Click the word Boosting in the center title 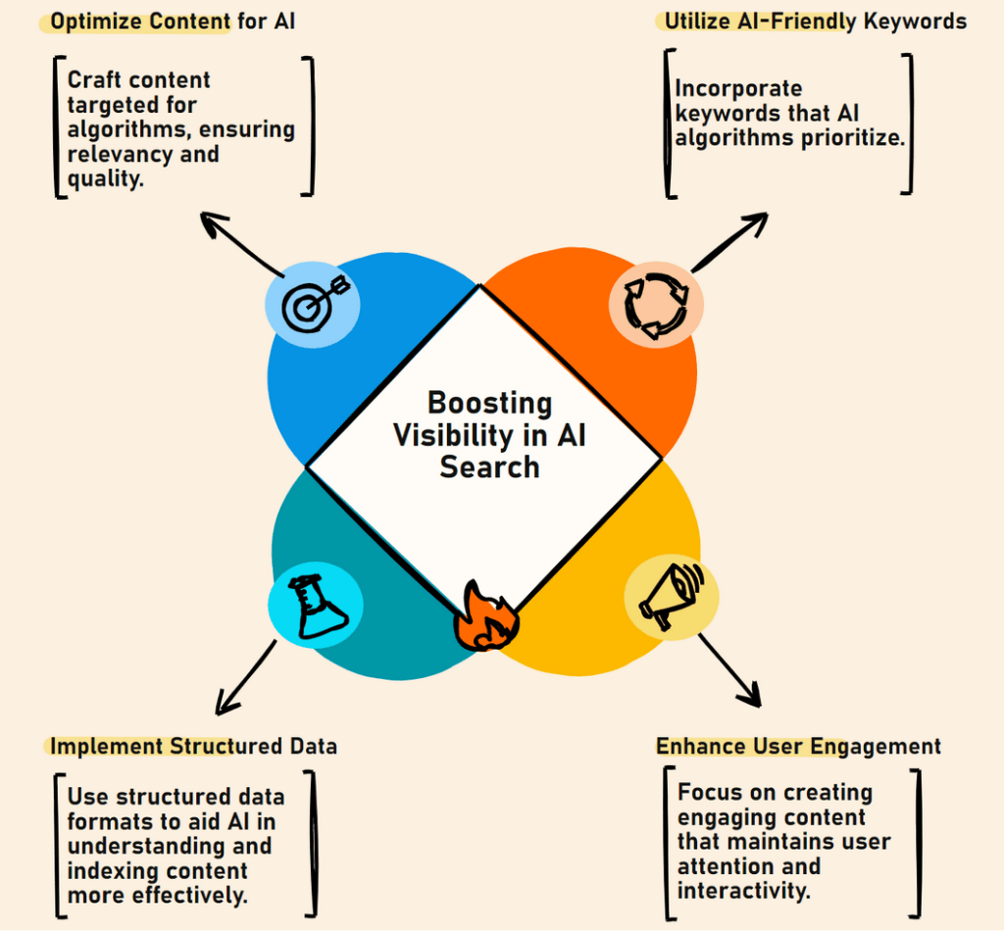click(490, 403)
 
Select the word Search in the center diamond click(489, 466)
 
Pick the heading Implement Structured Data click(193, 746)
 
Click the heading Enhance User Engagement click(798, 746)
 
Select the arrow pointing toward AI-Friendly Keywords click(729, 243)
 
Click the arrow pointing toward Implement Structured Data click(245, 676)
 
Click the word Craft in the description click(96, 80)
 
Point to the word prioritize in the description click(848, 137)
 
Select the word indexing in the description click(110, 871)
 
